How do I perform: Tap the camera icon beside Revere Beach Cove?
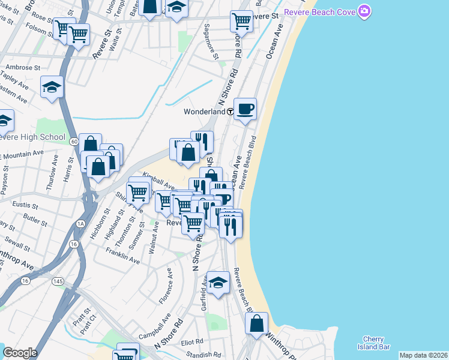(364, 11)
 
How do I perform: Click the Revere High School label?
(32, 137)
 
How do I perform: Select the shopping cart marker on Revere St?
(241, 21)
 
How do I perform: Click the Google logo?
(20, 353)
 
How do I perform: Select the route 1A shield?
(80, 224)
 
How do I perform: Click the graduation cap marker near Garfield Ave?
(218, 283)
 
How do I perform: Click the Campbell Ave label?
(154, 325)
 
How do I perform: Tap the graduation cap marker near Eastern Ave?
(52, 87)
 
